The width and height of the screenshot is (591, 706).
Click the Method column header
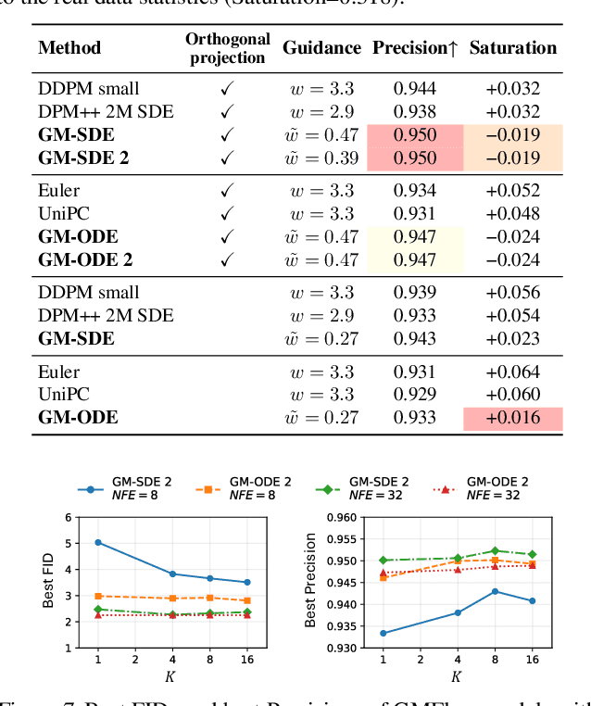(x=69, y=48)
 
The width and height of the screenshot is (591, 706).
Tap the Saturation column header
(x=512, y=48)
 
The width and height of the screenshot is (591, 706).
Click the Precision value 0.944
(x=414, y=89)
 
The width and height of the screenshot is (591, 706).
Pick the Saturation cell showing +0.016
(x=512, y=418)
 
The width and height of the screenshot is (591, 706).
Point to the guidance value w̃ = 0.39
(x=321, y=158)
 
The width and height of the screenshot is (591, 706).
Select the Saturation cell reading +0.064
(x=512, y=372)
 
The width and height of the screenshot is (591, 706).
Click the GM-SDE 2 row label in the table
(x=84, y=158)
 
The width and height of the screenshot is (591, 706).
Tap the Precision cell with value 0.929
(x=414, y=395)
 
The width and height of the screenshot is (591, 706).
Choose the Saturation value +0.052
(x=512, y=191)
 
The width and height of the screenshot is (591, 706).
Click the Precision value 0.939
(x=414, y=293)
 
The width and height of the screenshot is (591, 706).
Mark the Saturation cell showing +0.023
(x=512, y=339)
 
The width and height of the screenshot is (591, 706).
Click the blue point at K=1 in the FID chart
(x=98, y=542)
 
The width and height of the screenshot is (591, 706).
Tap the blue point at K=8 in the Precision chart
(x=496, y=591)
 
